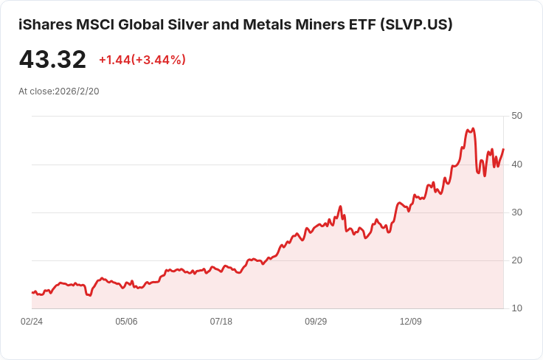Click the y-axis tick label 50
tap(516, 116)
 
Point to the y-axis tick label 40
tap(516, 165)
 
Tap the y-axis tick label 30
tap(516, 212)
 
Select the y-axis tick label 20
tap(516, 260)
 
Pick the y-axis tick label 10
tap(516, 308)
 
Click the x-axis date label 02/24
tap(32, 322)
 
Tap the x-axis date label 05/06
tap(126, 322)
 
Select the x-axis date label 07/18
tap(221, 322)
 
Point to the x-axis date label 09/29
tap(316, 322)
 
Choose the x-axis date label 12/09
tap(411, 322)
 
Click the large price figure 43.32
tap(52, 60)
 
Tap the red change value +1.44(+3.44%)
tap(142, 60)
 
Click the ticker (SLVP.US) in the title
tap(416, 24)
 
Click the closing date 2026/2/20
tap(77, 91)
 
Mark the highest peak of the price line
tap(474, 128)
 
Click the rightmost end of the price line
tap(503, 149)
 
